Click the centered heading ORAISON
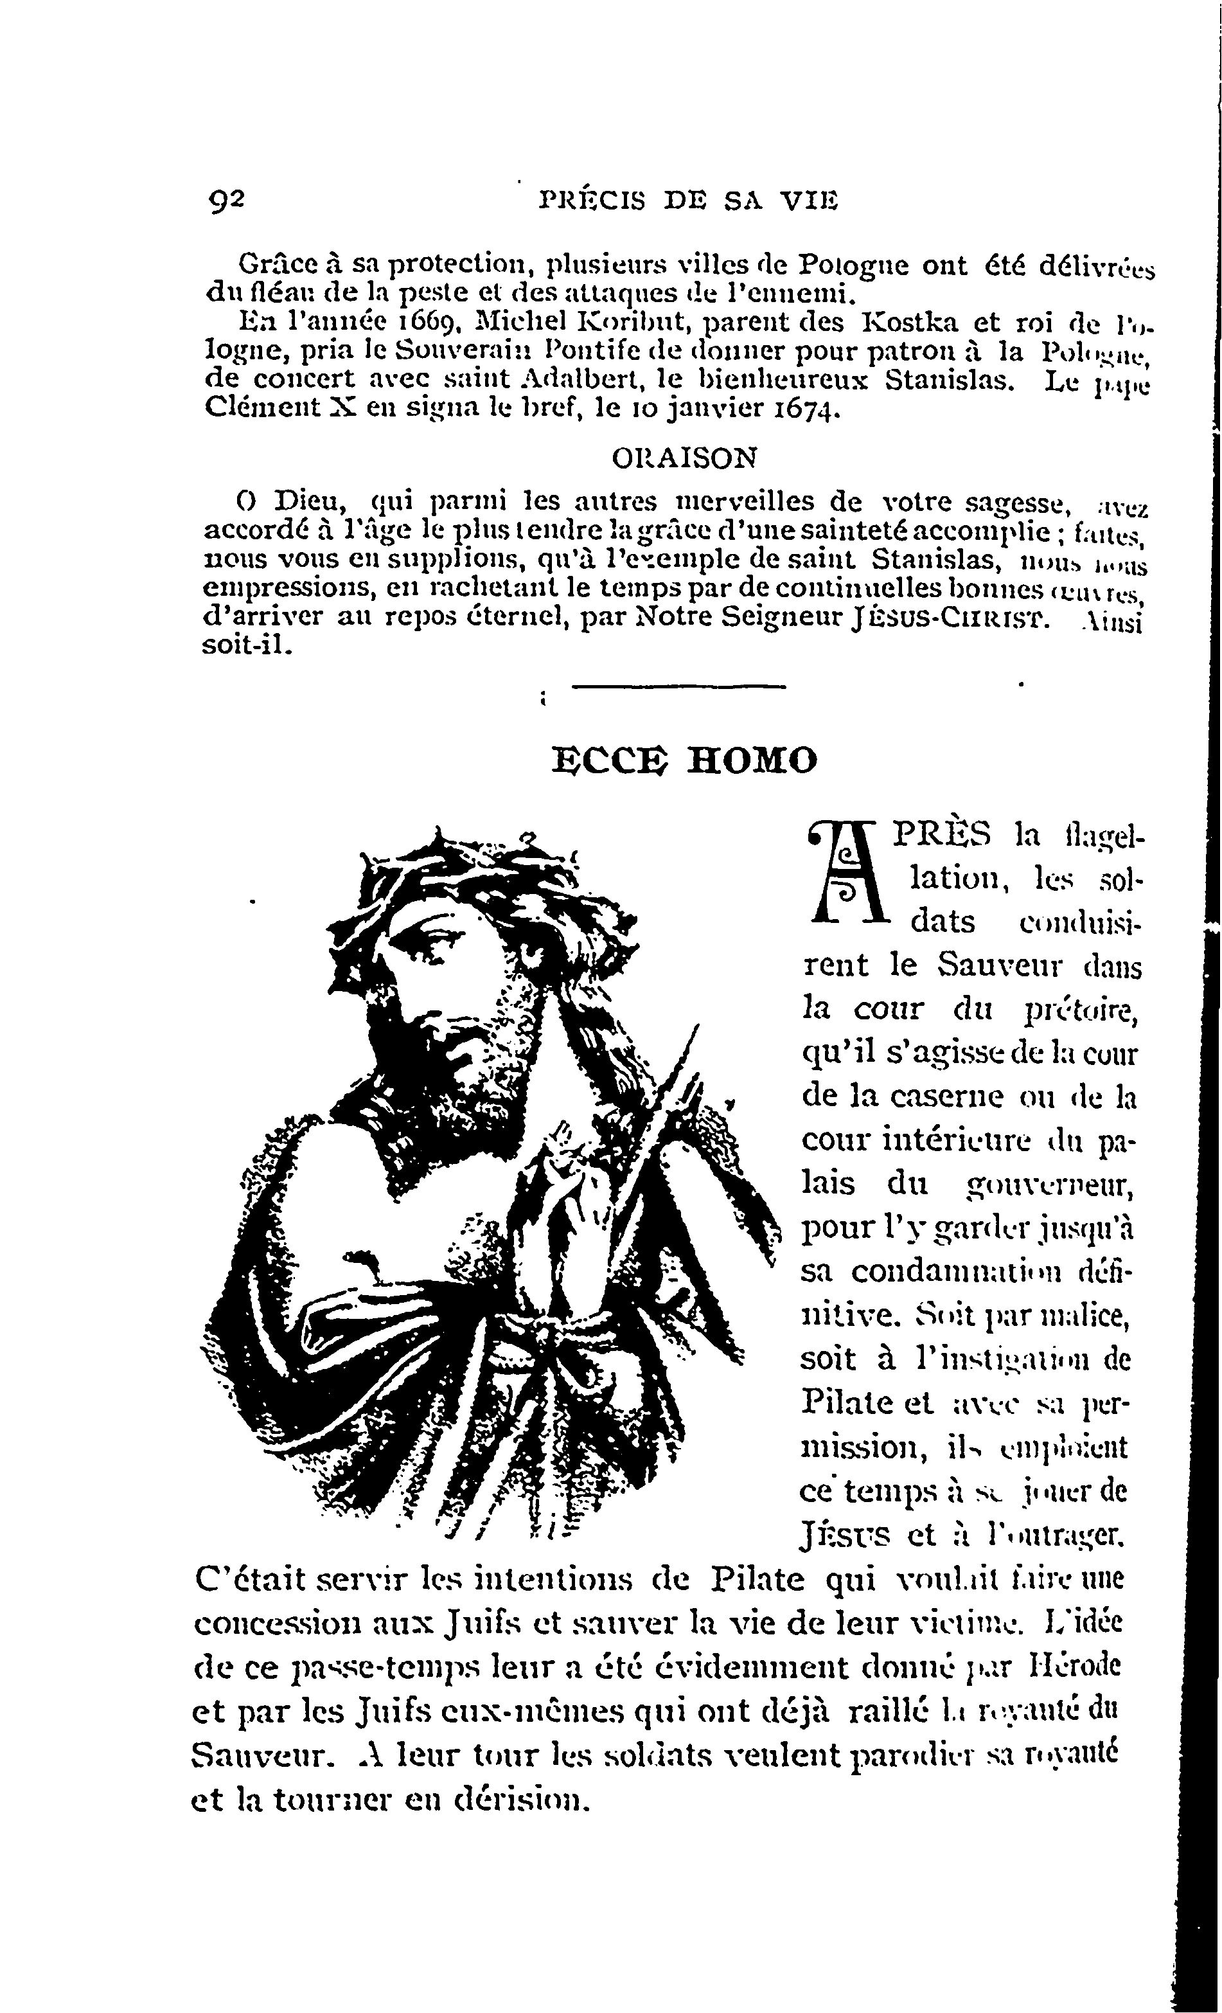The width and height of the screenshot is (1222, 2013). click(684, 458)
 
